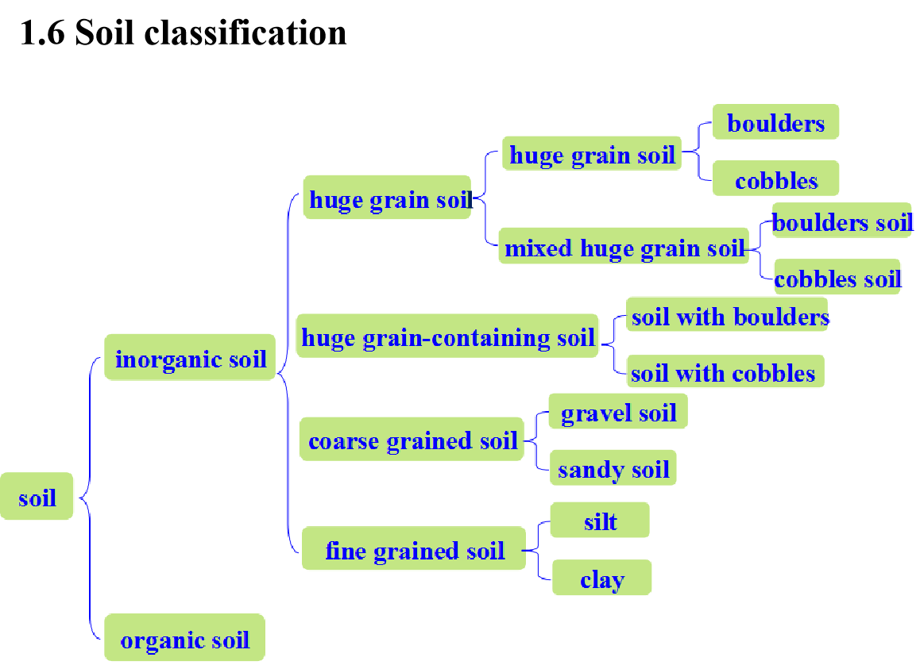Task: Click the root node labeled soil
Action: click(37, 498)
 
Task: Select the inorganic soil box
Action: click(191, 358)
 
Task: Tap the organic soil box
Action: click(184, 639)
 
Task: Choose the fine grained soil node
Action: click(414, 549)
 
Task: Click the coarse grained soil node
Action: click(412, 440)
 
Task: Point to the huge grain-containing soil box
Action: click(447, 337)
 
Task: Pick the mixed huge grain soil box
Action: click(624, 248)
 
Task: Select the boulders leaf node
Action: click(775, 123)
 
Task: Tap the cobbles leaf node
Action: click(775, 180)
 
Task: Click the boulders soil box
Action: click(841, 222)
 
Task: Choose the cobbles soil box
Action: click(837, 279)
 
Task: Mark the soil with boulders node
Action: click(729, 317)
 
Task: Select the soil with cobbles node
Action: click(723, 372)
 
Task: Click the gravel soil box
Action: click(618, 413)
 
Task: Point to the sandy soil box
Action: click(613, 469)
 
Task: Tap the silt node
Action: click(600, 521)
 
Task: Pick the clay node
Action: click(601, 579)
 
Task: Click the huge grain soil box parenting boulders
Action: click(592, 154)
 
